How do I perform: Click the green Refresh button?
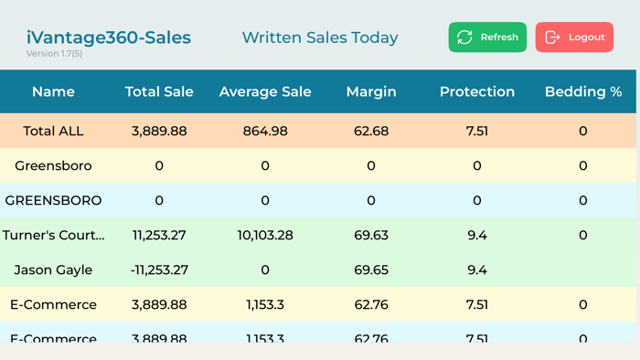[487, 37]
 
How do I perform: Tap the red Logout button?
[574, 37]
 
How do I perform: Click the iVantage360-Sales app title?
[108, 37]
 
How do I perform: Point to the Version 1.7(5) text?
[54, 54]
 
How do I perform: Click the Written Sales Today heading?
[320, 37]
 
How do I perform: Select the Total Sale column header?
[159, 91]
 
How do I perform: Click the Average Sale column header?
[265, 91]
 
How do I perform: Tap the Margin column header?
[371, 91]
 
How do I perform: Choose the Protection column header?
[477, 91]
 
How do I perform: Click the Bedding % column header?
[583, 91]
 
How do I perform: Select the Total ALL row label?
[53, 131]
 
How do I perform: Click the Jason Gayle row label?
[53, 270]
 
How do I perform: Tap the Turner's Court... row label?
[53, 235]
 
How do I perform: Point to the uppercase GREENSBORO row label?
[53, 200]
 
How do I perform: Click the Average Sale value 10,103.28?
[265, 235]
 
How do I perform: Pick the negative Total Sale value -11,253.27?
[159, 270]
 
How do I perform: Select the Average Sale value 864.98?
[265, 131]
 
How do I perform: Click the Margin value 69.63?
[371, 235]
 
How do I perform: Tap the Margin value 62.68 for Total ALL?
[371, 131]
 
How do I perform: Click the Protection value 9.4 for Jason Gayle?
[477, 270]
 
